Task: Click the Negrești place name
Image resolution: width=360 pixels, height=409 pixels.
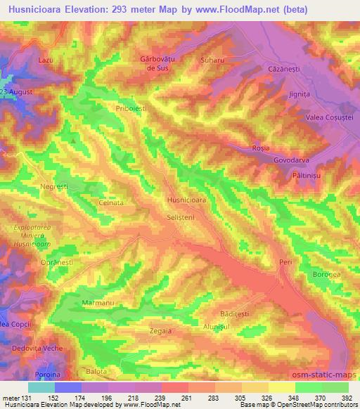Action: (x=53, y=186)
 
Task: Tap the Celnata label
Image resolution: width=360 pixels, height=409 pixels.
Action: (x=111, y=202)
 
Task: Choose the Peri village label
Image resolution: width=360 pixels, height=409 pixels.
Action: (x=285, y=262)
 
